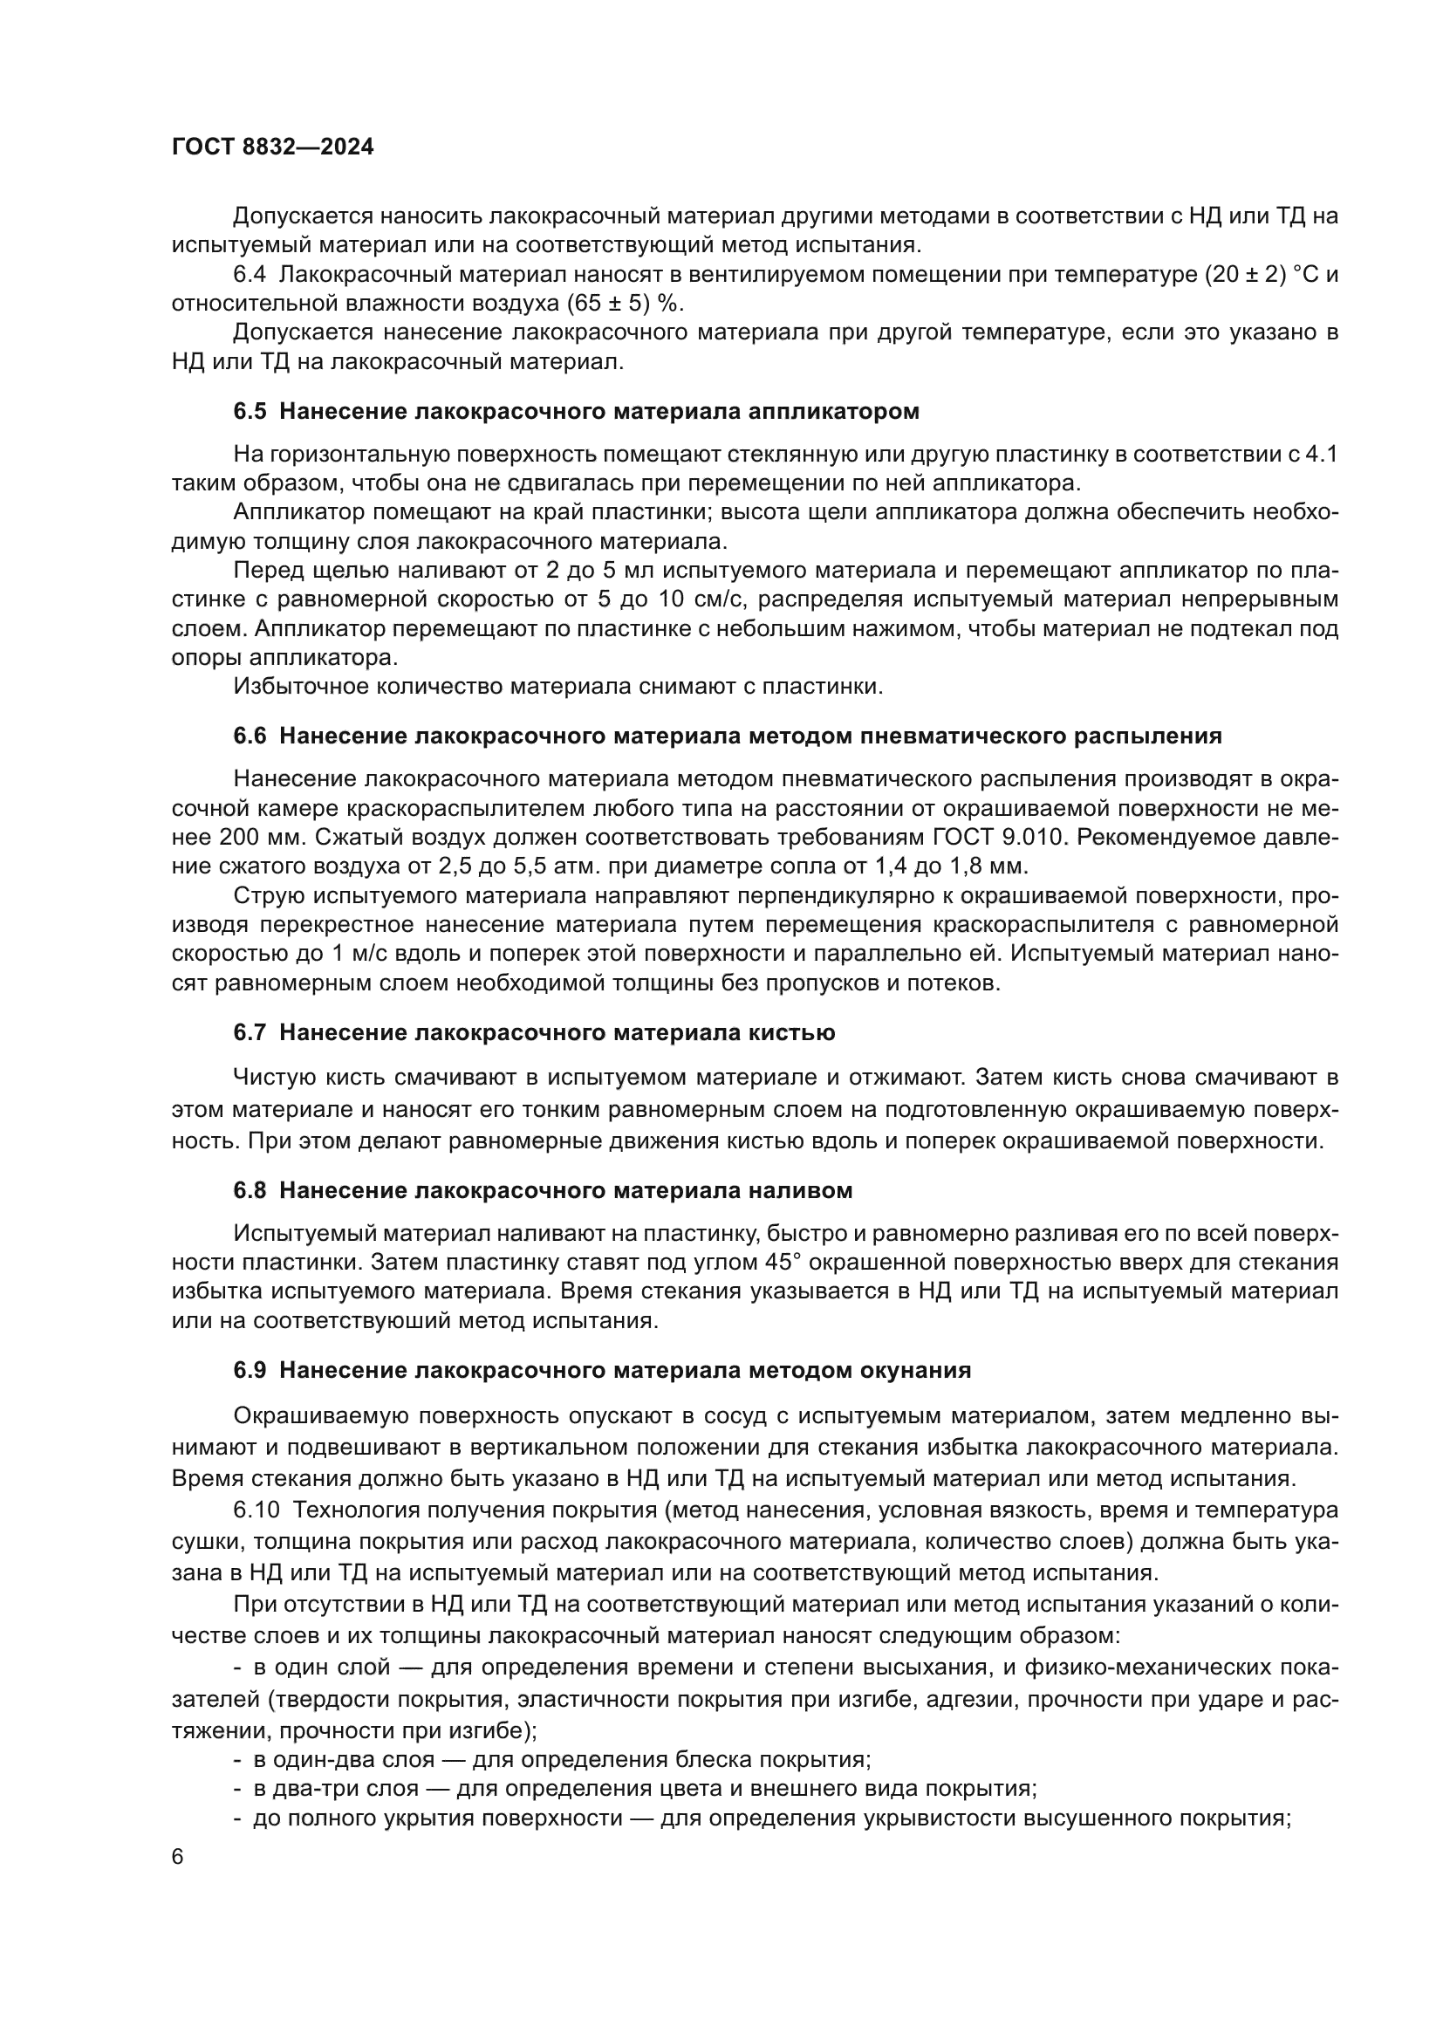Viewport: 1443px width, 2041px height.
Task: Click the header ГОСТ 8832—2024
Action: coord(273,147)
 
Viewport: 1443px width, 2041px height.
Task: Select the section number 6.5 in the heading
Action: coord(250,412)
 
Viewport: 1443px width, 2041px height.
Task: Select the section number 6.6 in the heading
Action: coord(250,736)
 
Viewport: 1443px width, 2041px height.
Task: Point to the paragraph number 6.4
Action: coord(250,275)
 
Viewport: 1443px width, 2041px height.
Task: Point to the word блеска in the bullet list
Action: coord(715,1759)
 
